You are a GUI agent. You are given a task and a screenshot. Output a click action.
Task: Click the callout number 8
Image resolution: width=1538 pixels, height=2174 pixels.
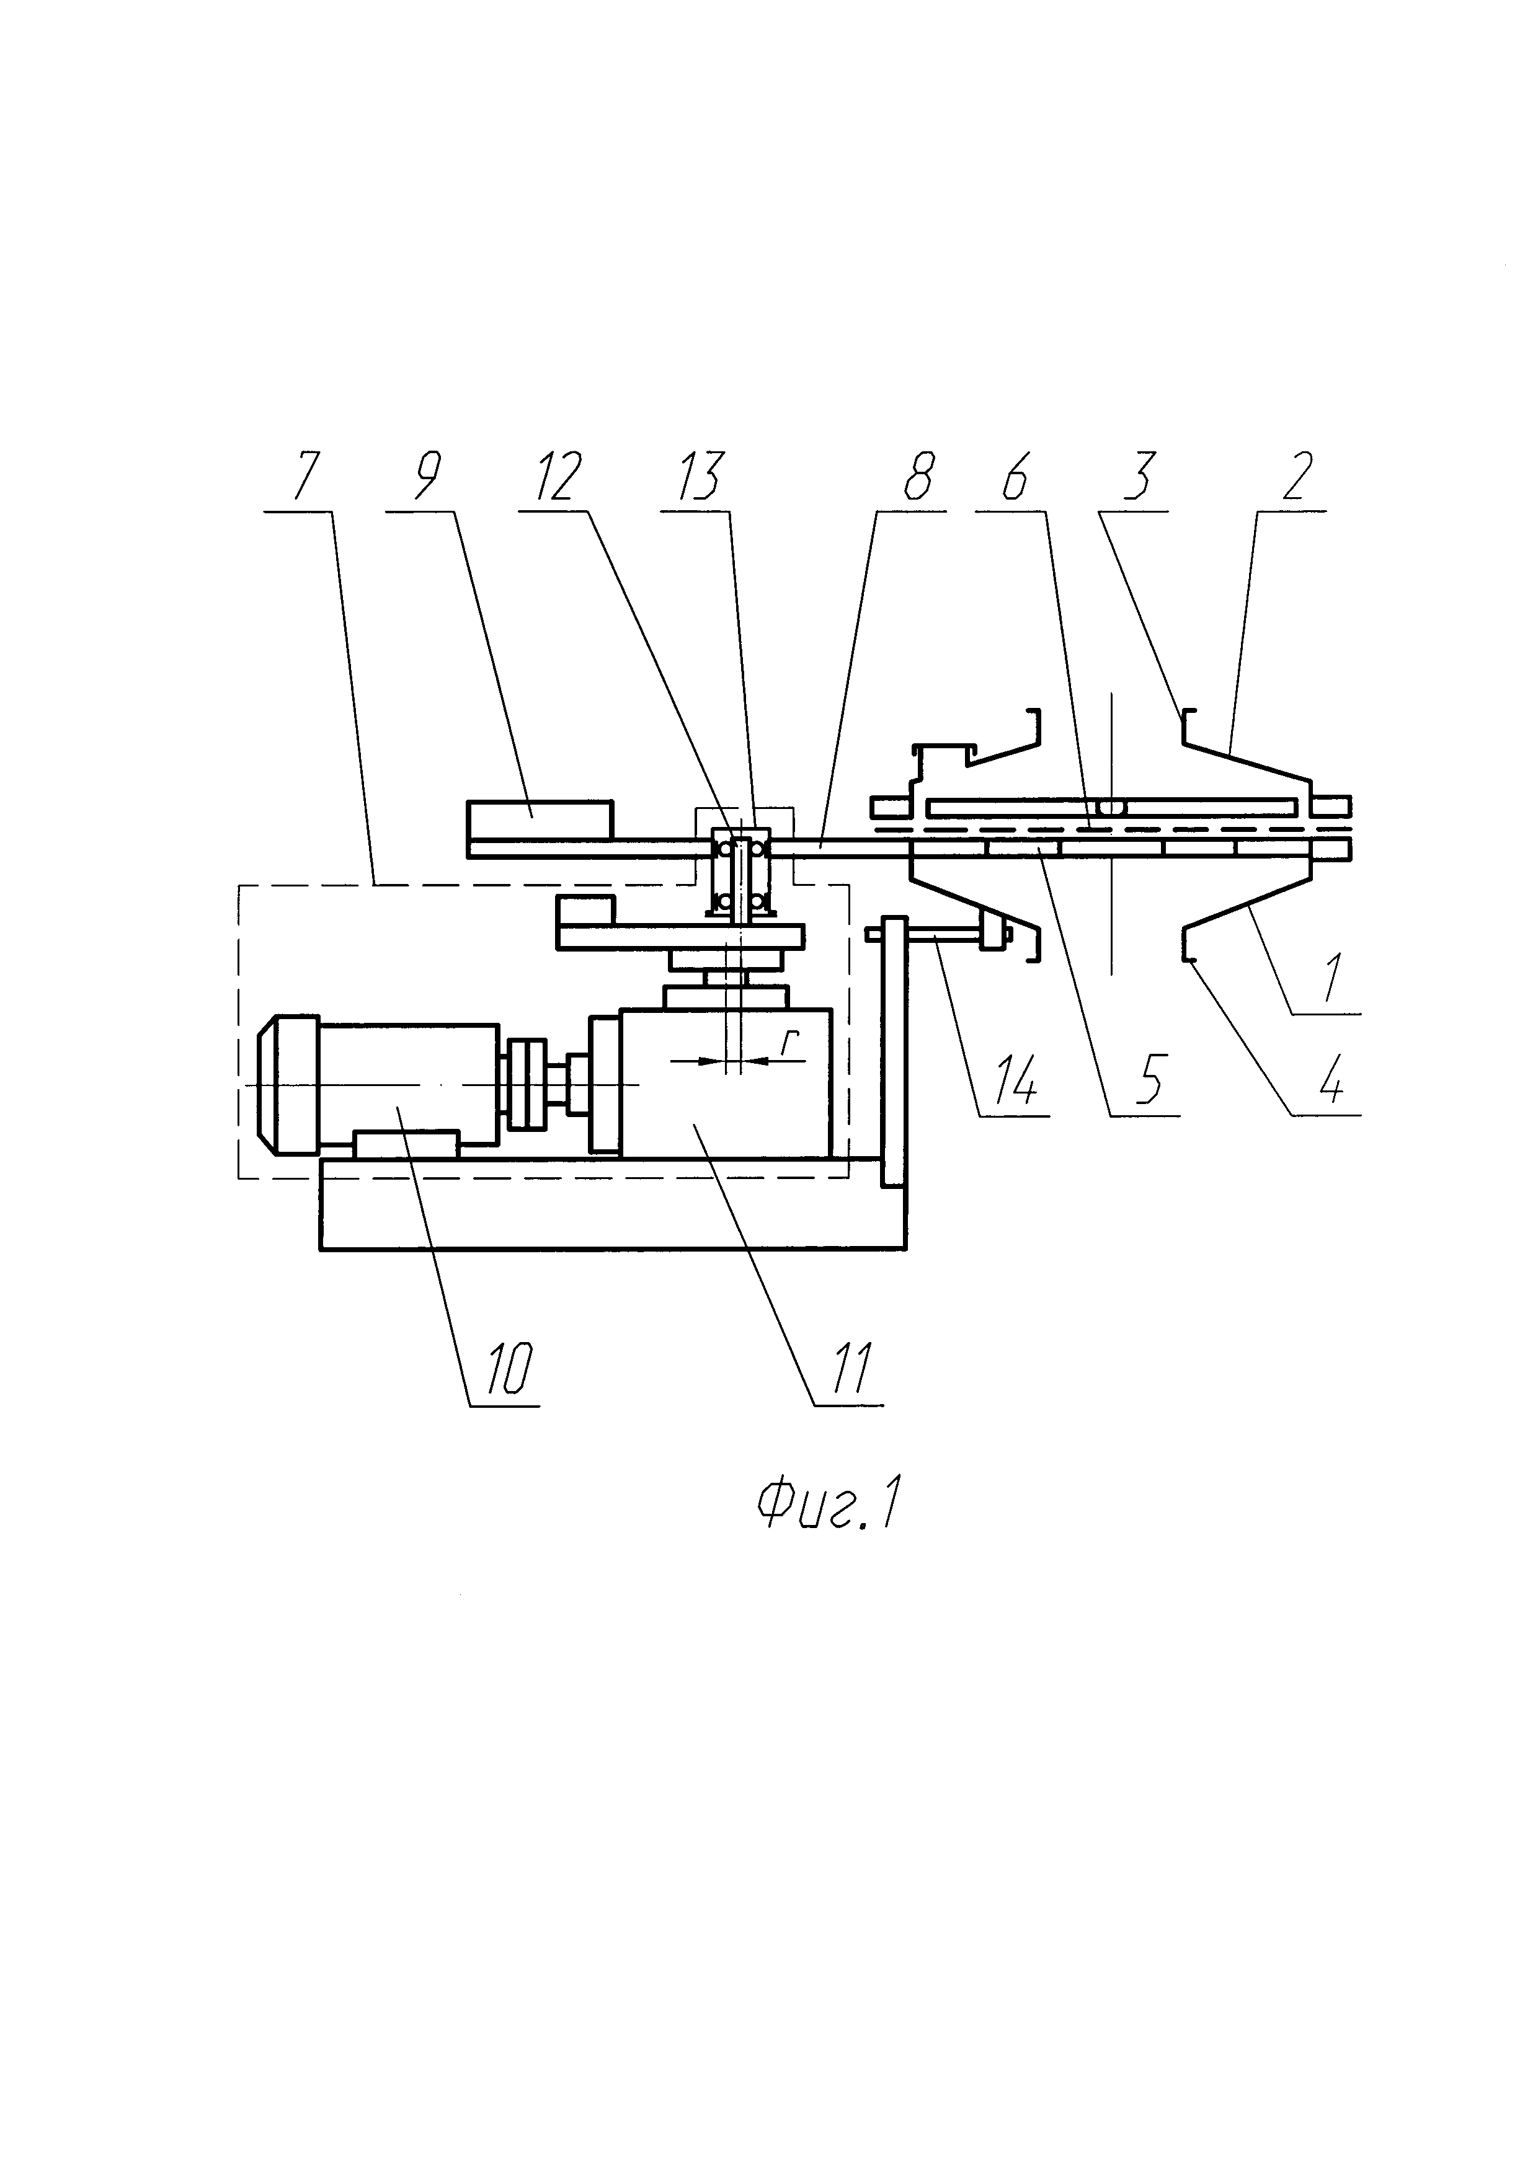coord(917,477)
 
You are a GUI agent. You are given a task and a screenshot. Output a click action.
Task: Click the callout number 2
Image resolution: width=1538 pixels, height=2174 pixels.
coord(1297,477)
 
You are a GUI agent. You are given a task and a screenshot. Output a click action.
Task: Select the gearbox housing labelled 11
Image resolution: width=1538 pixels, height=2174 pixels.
coord(726,1082)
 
